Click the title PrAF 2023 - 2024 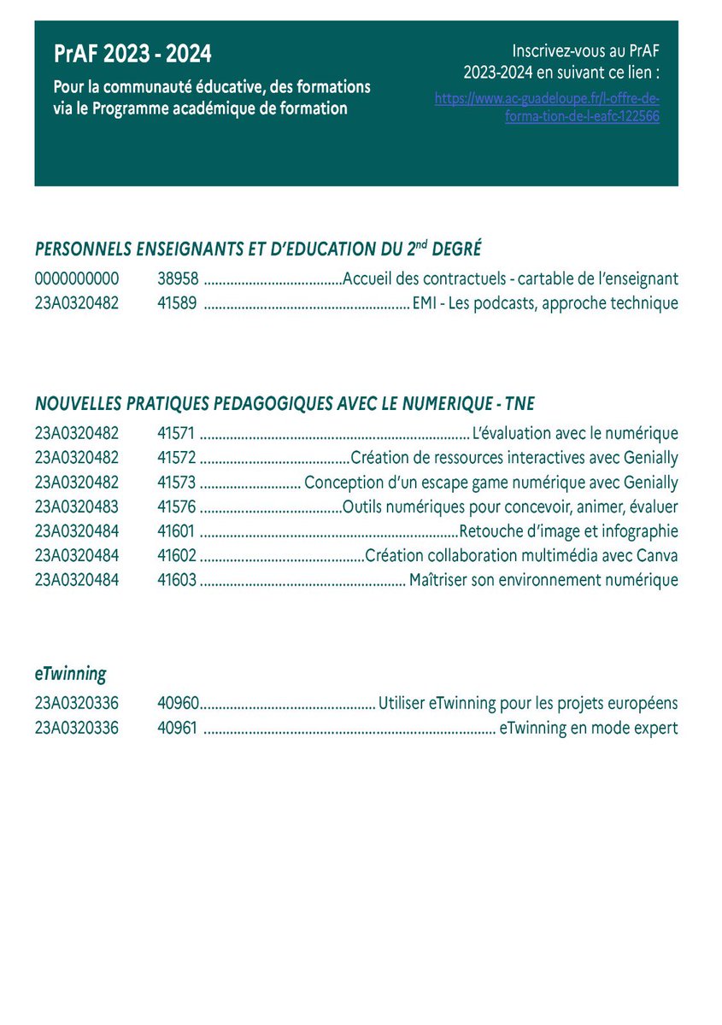click(x=132, y=55)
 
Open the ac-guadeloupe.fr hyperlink click(x=547, y=108)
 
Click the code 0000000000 click(x=77, y=278)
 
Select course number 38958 click(x=178, y=278)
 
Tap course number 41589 click(x=178, y=303)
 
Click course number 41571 click(x=177, y=434)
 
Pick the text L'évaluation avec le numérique click(x=575, y=434)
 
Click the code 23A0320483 click(x=77, y=507)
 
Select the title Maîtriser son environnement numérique click(x=543, y=581)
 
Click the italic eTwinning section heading click(x=71, y=674)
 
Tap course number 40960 click(x=178, y=704)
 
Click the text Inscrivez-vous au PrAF click(x=585, y=50)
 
